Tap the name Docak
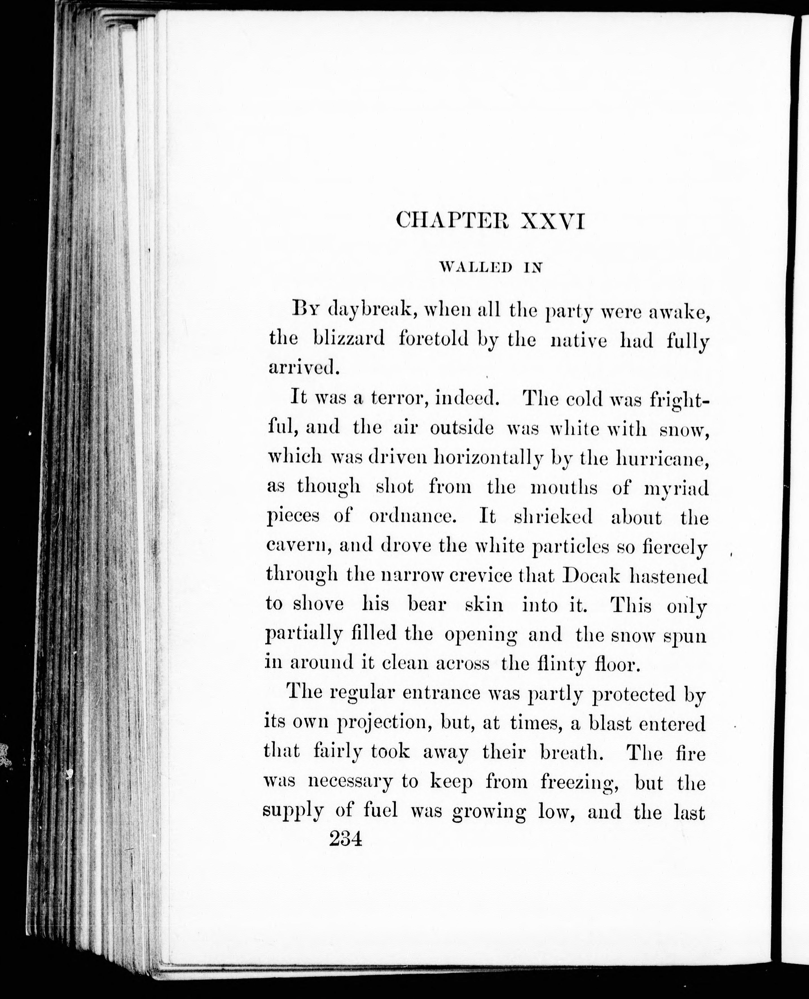pyautogui.click(x=591, y=576)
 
